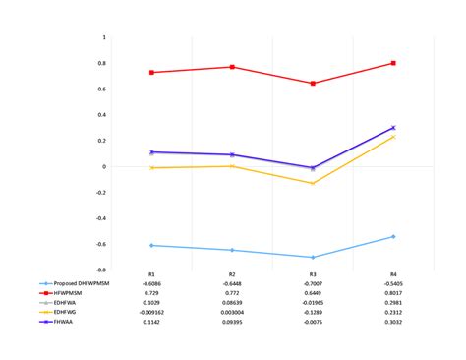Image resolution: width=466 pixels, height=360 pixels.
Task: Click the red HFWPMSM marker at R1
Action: click(151, 73)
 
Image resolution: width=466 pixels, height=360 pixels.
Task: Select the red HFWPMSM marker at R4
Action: click(393, 63)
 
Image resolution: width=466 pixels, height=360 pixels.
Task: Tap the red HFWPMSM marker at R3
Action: click(313, 84)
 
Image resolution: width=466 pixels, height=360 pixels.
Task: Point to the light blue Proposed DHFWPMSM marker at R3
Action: click(313, 257)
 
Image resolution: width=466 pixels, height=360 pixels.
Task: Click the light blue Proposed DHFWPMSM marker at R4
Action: click(393, 236)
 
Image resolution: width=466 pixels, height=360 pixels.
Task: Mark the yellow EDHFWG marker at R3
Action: click(313, 183)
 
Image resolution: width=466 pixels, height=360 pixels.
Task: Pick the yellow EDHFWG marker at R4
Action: click(393, 137)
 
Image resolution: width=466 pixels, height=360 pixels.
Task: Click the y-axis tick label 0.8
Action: click(101, 64)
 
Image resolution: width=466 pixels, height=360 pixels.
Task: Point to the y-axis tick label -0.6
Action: click(100, 244)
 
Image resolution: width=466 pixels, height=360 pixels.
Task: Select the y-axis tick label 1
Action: click(104, 38)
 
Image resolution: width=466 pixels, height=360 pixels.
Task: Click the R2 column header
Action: click(232, 274)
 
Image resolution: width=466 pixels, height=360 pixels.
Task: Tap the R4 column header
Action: click(393, 274)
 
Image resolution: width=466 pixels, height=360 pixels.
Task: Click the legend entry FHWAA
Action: click(61, 321)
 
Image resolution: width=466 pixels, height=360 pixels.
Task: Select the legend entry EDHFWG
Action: click(61, 311)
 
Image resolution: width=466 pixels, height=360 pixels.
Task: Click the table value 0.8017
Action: click(393, 293)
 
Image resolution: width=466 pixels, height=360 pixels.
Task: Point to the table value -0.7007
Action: click(313, 283)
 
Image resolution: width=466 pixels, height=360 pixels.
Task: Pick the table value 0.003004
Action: click(232, 312)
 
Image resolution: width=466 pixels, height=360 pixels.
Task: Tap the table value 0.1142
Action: click(151, 321)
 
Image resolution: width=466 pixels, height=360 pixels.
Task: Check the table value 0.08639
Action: click(232, 302)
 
